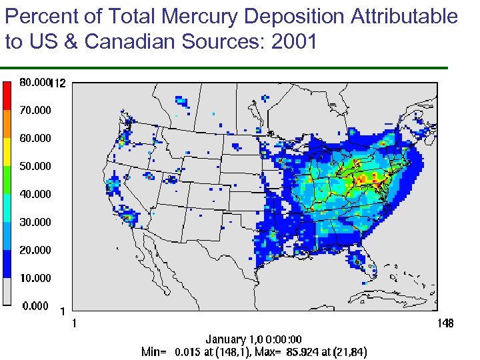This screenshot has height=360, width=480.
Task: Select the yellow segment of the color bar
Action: coord(7,151)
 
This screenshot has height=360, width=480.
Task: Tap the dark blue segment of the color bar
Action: coord(7,263)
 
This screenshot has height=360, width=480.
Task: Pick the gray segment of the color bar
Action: coord(7,291)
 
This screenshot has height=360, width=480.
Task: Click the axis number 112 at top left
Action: coord(59,84)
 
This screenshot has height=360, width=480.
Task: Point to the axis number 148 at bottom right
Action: coord(445,323)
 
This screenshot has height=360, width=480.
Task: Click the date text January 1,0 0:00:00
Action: coord(253,339)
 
